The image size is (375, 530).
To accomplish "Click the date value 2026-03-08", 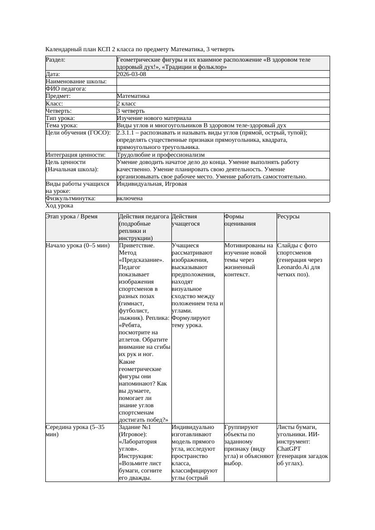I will (131, 74).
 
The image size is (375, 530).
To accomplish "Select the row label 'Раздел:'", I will (56, 60).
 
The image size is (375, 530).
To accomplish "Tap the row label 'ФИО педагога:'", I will (66, 89).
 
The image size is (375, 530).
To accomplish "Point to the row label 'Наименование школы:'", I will (76, 82).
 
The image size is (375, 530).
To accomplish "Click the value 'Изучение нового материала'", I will (154, 118).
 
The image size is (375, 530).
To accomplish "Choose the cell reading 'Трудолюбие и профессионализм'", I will (161, 155).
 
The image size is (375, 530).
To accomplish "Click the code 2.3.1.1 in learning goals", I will (127, 133).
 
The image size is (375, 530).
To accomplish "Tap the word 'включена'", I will (130, 198).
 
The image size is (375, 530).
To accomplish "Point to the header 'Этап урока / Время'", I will (72, 217).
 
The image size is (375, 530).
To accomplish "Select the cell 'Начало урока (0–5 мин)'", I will (78, 246).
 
